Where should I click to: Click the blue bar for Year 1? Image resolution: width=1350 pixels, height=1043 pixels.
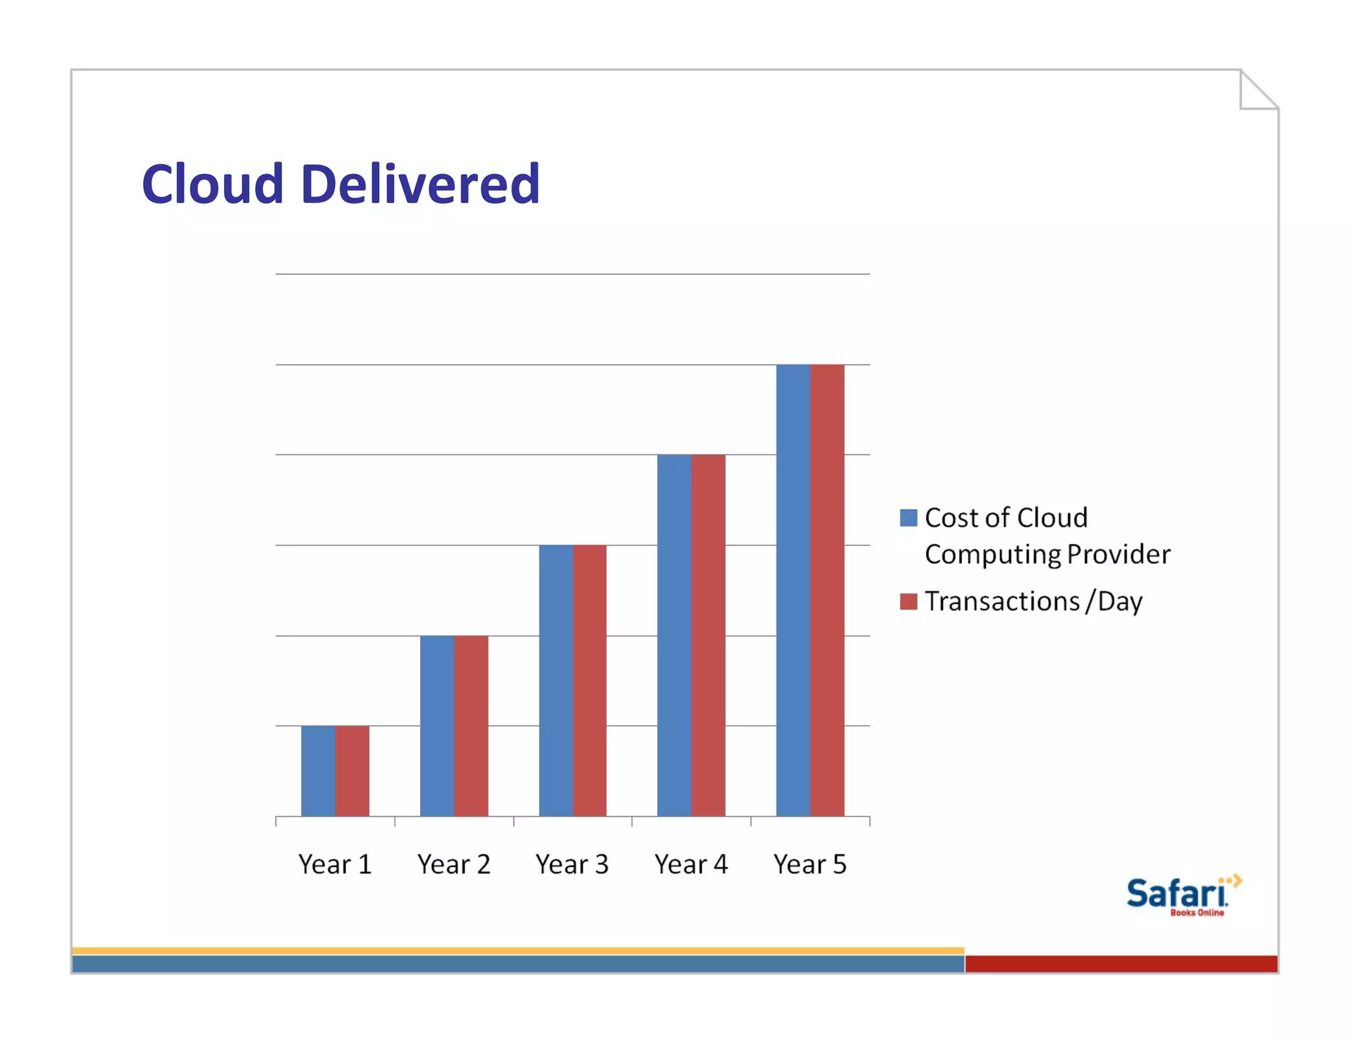pos(318,771)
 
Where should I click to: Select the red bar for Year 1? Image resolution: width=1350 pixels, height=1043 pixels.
pos(353,771)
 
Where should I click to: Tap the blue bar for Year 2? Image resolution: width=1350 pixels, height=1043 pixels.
pos(437,725)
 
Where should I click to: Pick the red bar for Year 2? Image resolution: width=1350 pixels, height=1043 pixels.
pos(471,725)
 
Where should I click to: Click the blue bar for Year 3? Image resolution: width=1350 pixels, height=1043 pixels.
pos(556,680)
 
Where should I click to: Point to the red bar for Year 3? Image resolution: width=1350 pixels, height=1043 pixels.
pos(590,680)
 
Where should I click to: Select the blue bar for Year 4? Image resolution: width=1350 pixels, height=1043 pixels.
pos(674,635)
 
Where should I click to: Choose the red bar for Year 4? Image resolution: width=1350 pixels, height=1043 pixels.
pos(709,635)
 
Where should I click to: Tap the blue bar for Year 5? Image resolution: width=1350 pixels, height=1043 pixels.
pos(793,590)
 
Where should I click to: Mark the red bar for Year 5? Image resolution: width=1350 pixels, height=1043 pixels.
pos(827,590)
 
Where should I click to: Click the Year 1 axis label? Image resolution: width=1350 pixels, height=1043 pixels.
pos(335,864)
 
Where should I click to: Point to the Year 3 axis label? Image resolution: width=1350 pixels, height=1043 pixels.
pos(572,864)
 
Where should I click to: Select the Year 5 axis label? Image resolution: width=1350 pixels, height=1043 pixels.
pos(810,864)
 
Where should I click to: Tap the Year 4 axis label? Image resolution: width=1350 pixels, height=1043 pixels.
pos(691,864)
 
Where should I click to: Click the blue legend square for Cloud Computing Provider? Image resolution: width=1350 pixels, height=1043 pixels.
pos(908,518)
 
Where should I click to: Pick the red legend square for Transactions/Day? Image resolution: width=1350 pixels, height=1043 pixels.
pos(908,601)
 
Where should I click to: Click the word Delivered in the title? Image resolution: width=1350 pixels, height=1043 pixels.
pos(420,184)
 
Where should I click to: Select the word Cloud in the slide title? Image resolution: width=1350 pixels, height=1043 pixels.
pos(212,184)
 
